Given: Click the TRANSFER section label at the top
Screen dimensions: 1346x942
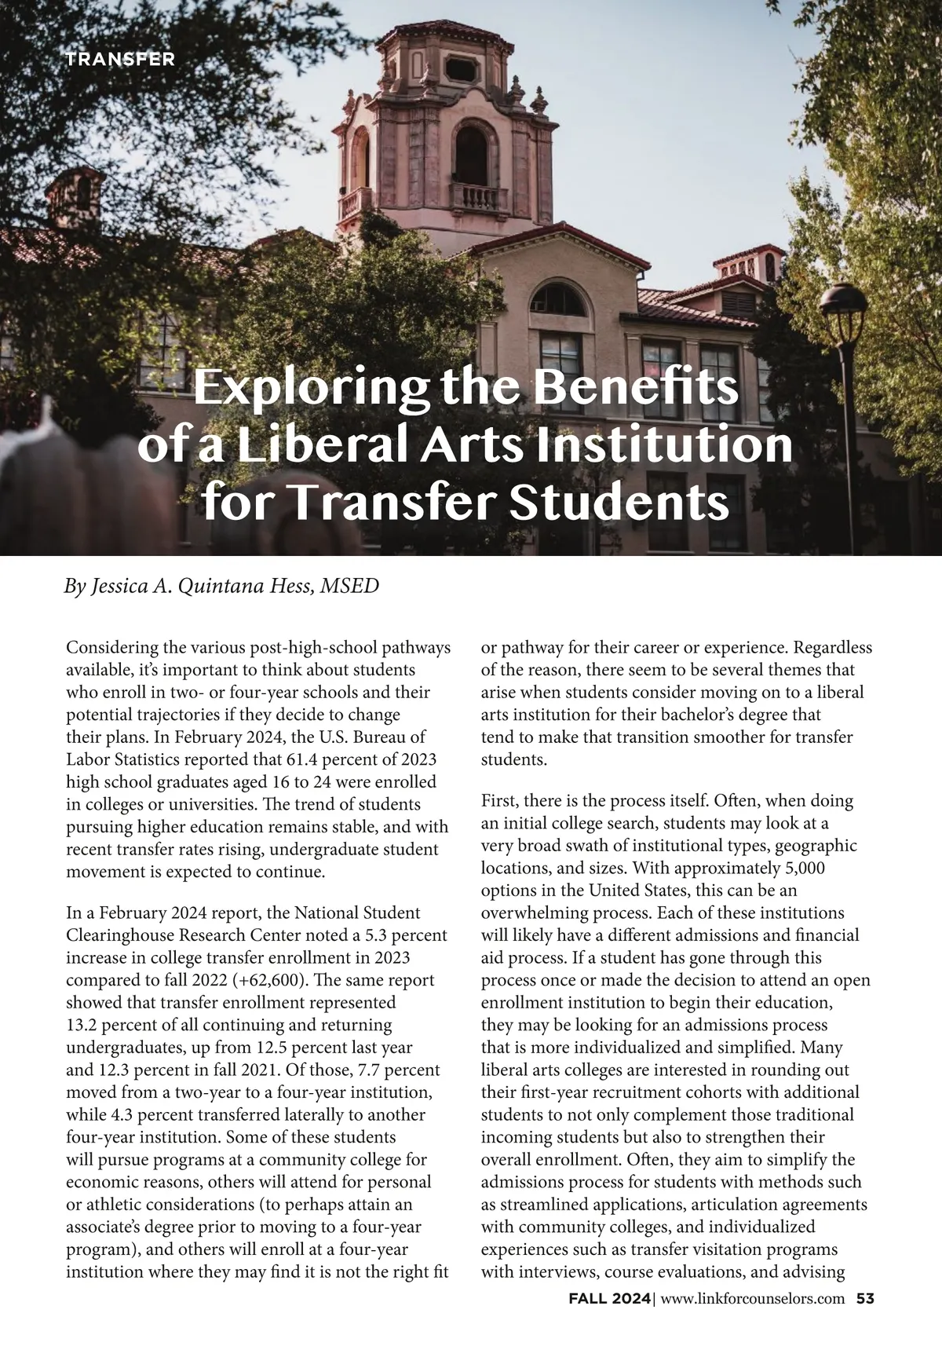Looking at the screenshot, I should tap(119, 59).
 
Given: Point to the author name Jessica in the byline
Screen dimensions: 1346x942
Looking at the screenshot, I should tap(120, 587).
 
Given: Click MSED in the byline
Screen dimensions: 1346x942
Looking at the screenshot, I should tap(349, 587).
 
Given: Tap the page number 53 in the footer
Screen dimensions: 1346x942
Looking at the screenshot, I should tap(865, 1298).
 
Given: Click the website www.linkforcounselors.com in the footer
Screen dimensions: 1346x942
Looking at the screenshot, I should tap(753, 1299).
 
